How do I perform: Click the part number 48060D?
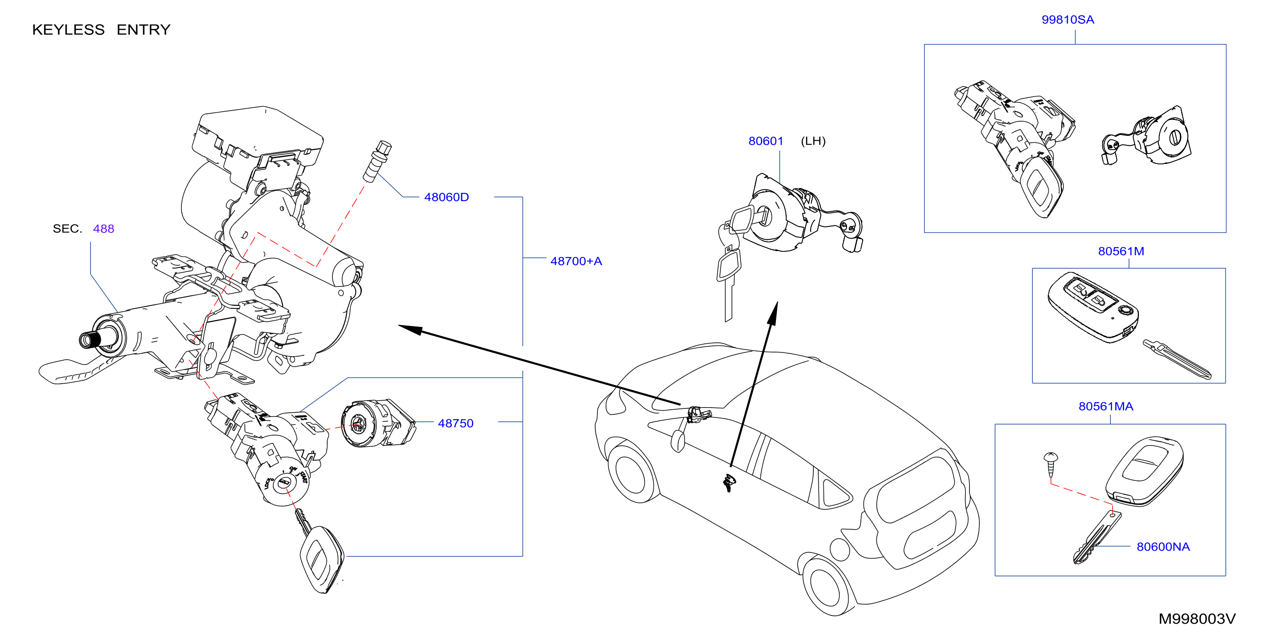click(447, 197)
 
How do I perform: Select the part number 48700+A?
click(576, 261)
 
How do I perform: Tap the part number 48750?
click(456, 424)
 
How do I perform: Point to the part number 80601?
click(766, 141)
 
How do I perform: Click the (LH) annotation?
click(813, 141)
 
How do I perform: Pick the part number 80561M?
click(1121, 251)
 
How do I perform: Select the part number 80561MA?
click(1106, 406)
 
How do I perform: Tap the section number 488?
click(104, 229)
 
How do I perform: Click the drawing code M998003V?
click(1197, 619)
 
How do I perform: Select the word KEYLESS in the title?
click(69, 30)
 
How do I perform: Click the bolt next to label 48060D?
click(377, 161)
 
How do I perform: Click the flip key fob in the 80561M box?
click(1094, 307)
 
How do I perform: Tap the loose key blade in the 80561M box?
click(1177, 359)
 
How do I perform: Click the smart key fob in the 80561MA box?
click(1144, 471)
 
